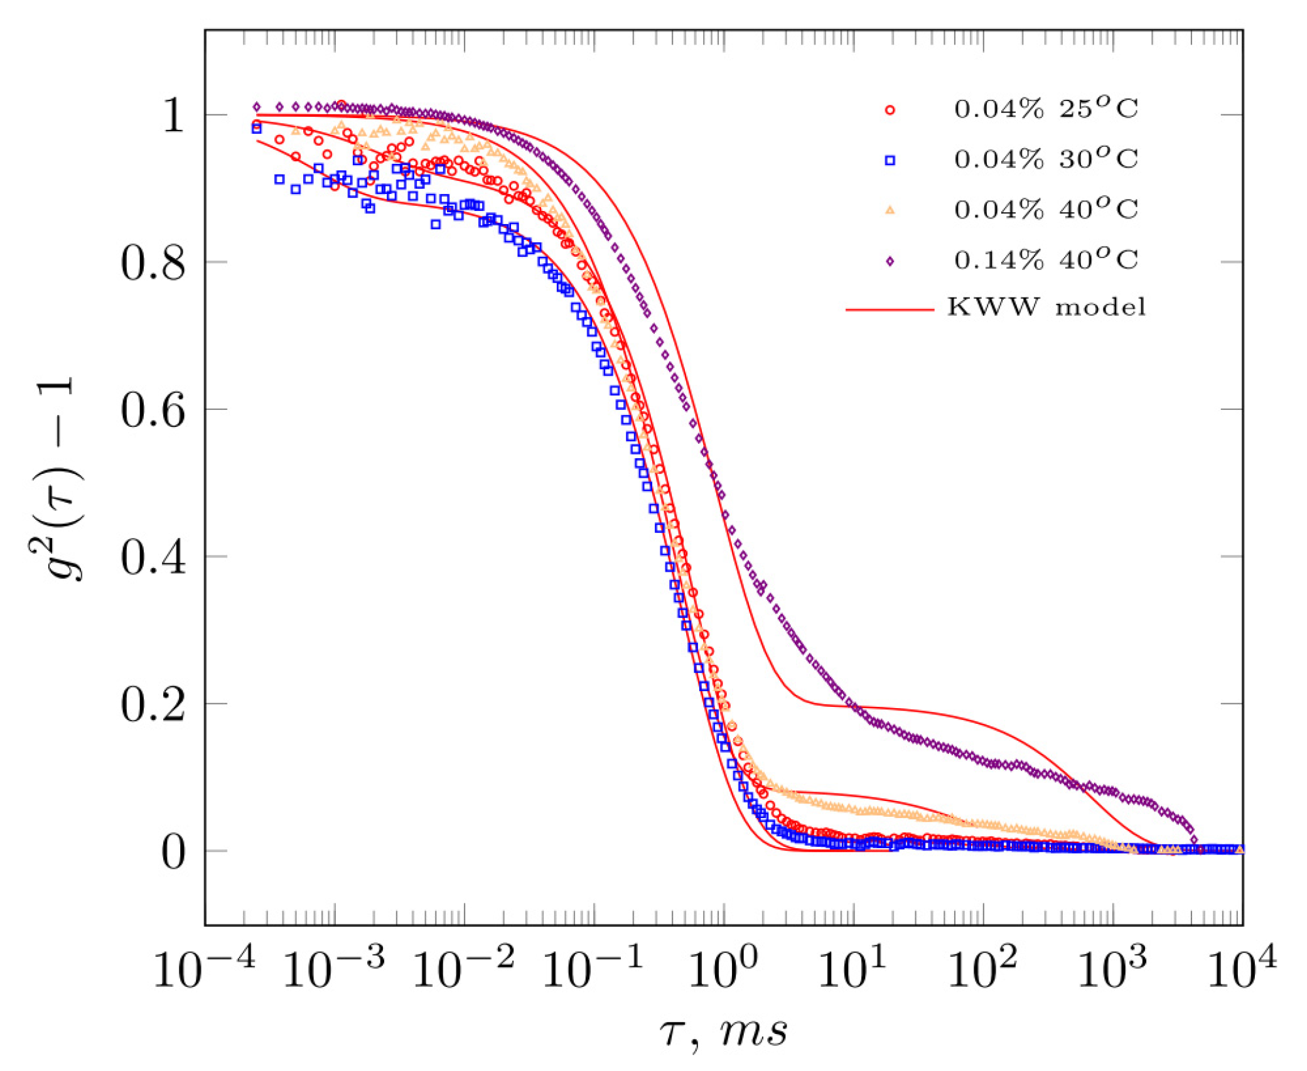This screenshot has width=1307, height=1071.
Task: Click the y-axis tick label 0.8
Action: pos(153,263)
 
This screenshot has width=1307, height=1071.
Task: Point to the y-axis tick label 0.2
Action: pos(153,705)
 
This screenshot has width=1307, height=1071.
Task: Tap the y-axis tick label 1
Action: pos(173,116)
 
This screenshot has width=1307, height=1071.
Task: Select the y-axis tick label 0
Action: pos(173,853)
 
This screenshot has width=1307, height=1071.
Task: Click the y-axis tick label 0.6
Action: pos(153,411)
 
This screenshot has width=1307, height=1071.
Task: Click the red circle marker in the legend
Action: pos(890,110)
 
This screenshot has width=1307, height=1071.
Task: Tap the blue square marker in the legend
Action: pos(890,161)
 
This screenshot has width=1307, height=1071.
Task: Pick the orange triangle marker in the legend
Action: pos(890,211)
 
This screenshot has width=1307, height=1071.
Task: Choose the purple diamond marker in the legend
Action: pos(890,261)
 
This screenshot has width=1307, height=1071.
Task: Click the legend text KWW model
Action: pos(1046,308)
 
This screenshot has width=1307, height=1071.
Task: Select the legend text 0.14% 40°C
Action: pos(1046,260)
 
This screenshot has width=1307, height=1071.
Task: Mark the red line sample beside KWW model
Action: pos(890,309)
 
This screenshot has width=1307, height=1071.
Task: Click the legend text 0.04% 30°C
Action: pos(1046,159)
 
